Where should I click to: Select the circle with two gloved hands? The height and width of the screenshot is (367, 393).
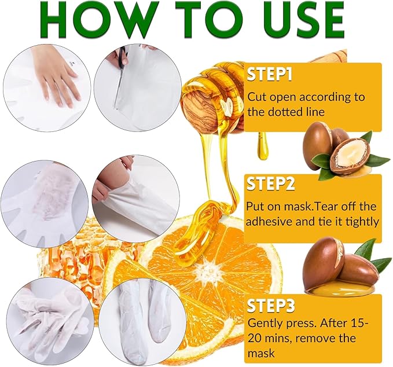[47, 316]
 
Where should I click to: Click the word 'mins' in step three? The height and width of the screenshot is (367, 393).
[266, 338]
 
